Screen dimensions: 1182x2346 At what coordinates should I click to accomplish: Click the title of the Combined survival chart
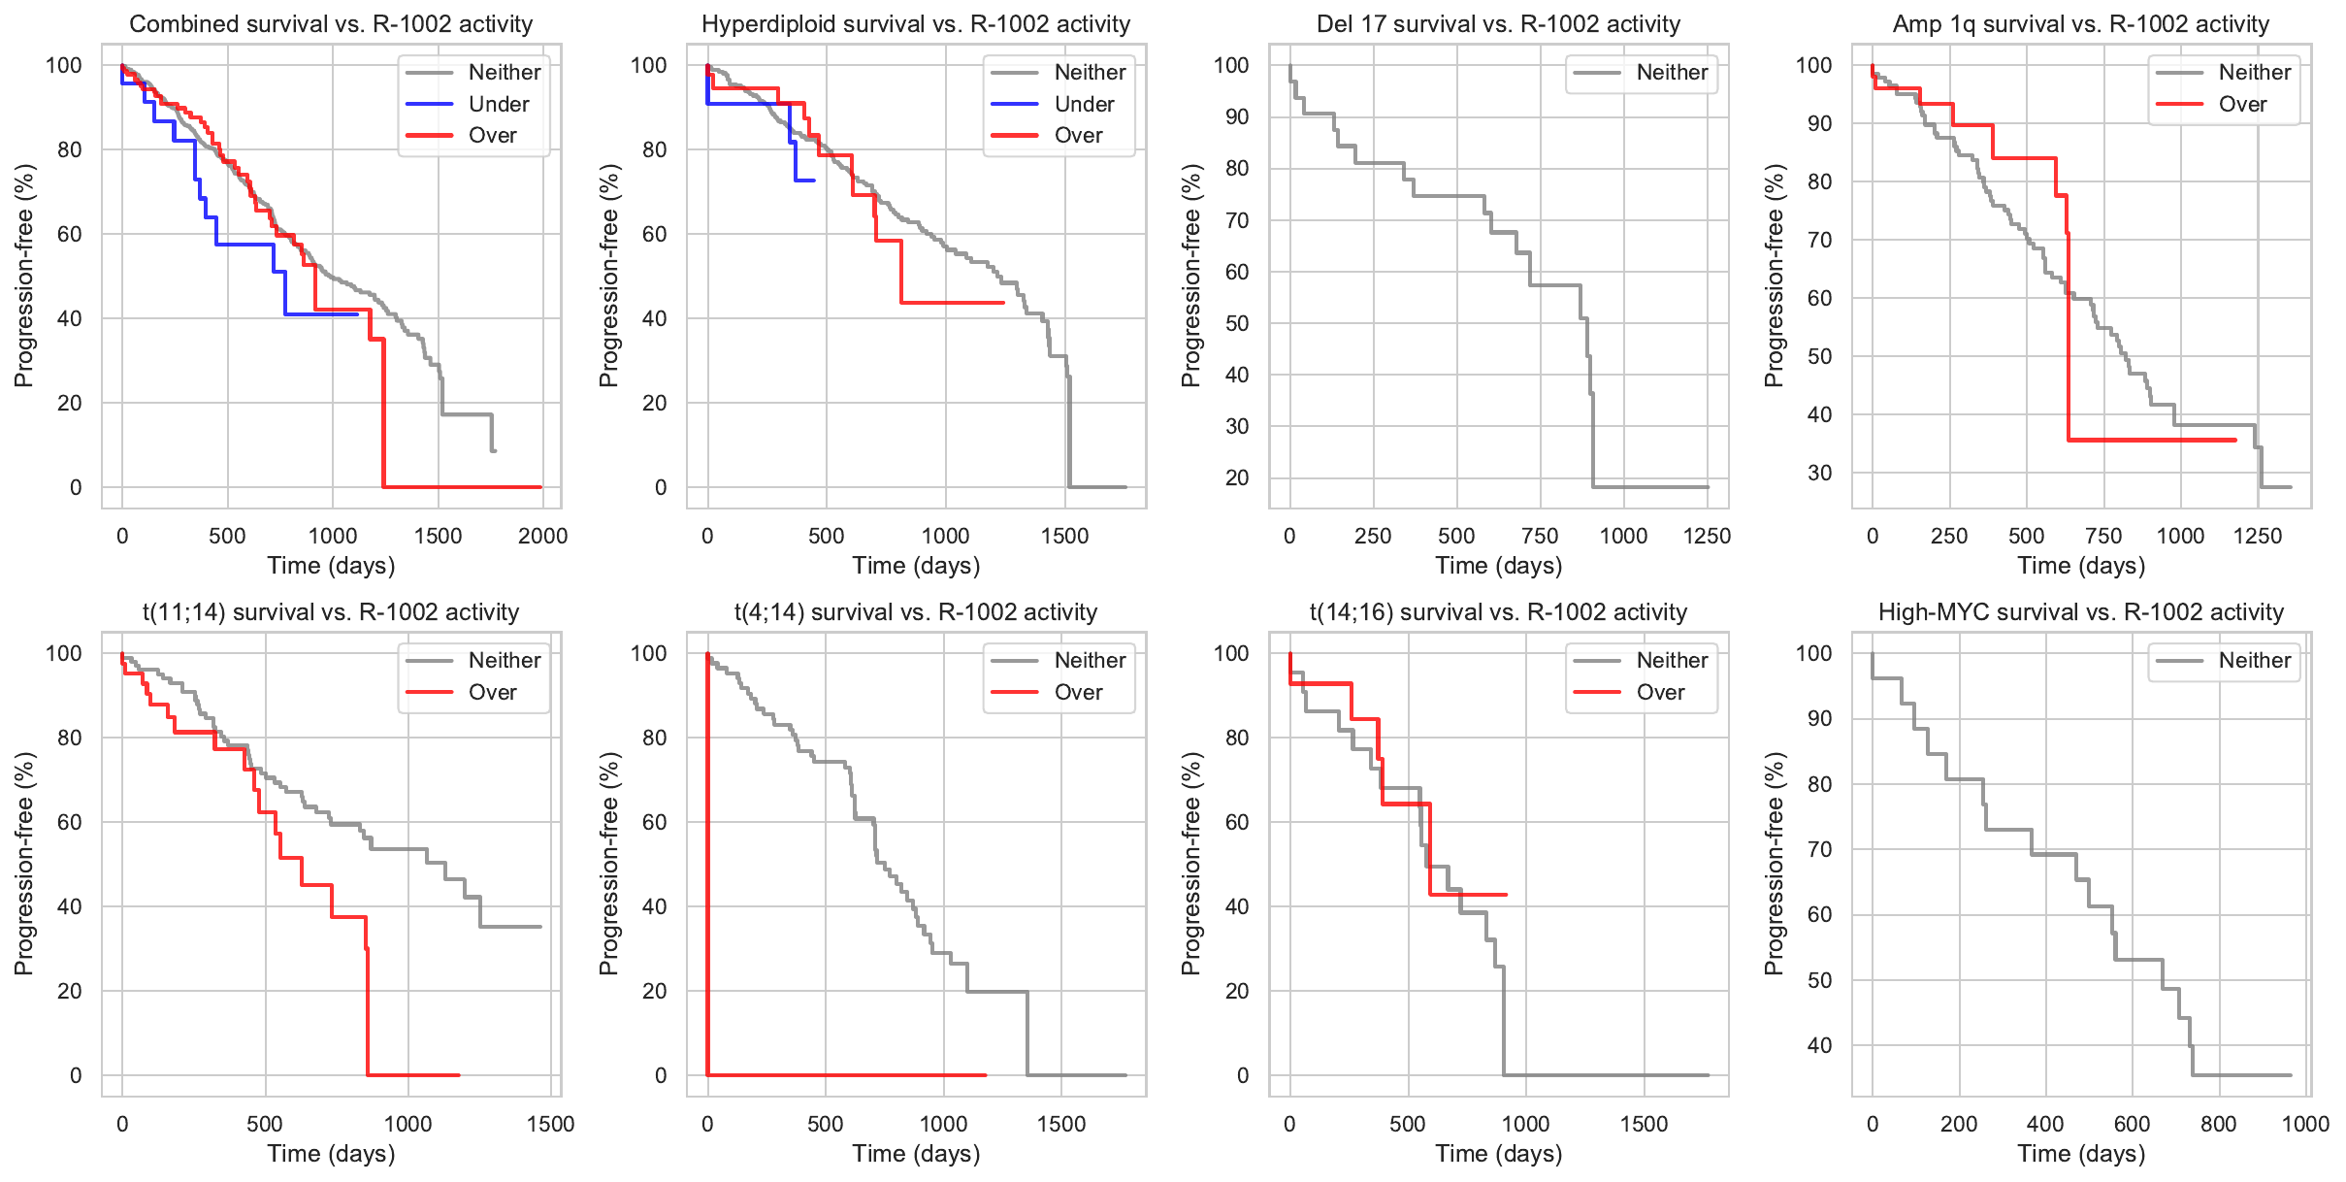[331, 24]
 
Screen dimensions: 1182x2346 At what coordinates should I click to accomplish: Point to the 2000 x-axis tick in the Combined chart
[542, 536]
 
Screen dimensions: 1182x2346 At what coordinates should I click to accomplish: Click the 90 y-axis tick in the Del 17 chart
[1236, 116]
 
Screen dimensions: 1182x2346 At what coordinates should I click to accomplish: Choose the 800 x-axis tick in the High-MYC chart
[2218, 1124]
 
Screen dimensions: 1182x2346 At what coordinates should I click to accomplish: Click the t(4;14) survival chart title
[915, 612]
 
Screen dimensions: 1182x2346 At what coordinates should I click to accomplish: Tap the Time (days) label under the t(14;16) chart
[1498, 1154]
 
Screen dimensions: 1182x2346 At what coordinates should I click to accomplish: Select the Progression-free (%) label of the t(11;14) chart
[24, 864]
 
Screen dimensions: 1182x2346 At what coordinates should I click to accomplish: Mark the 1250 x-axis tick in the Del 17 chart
[1707, 536]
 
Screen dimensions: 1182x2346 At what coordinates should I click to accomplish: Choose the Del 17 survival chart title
[1498, 24]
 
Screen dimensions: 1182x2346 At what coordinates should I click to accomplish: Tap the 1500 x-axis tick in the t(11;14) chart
[550, 1124]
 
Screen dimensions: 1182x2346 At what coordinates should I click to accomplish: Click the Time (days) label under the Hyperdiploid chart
[915, 566]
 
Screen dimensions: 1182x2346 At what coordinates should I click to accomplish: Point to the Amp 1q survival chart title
[2080, 24]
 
